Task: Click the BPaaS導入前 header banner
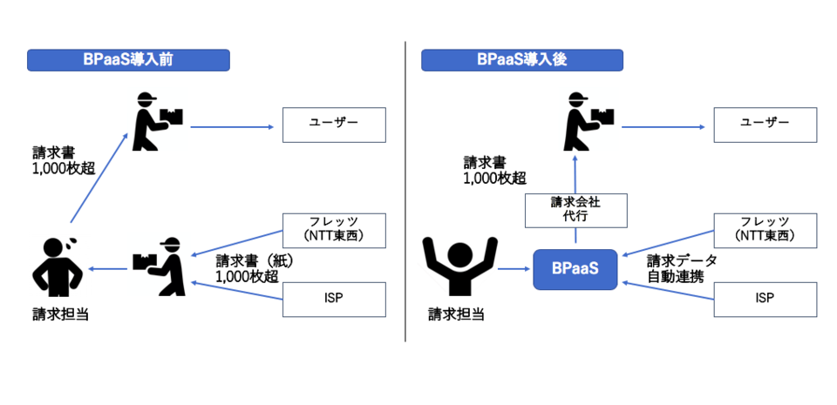click(x=128, y=60)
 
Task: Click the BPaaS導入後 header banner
click(x=522, y=60)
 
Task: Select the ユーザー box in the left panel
click(x=334, y=125)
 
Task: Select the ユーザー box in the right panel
click(x=766, y=125)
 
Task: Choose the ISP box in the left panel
click(x=334, y=299)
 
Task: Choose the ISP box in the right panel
click(x=766, y=299)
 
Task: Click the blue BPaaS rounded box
click(x=575, y=270)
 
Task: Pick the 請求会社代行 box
click(x=575, y=210)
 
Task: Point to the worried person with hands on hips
click(x=56, y=265)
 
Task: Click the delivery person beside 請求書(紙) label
click(x=160, y=260)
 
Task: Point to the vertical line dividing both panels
click(x=406, y=192)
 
